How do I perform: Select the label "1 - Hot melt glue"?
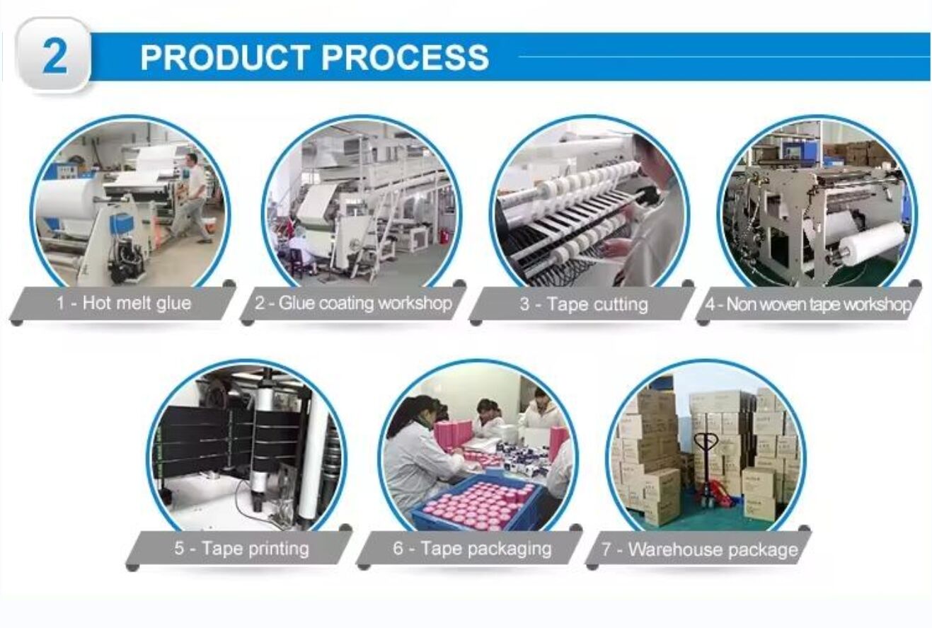tap(124, 304)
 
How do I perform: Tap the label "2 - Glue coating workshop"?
tap(353, 304)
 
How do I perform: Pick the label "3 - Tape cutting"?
tap(583, 304)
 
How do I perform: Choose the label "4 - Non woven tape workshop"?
tap(808, 305)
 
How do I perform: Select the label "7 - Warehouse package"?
tap(699, 549)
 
